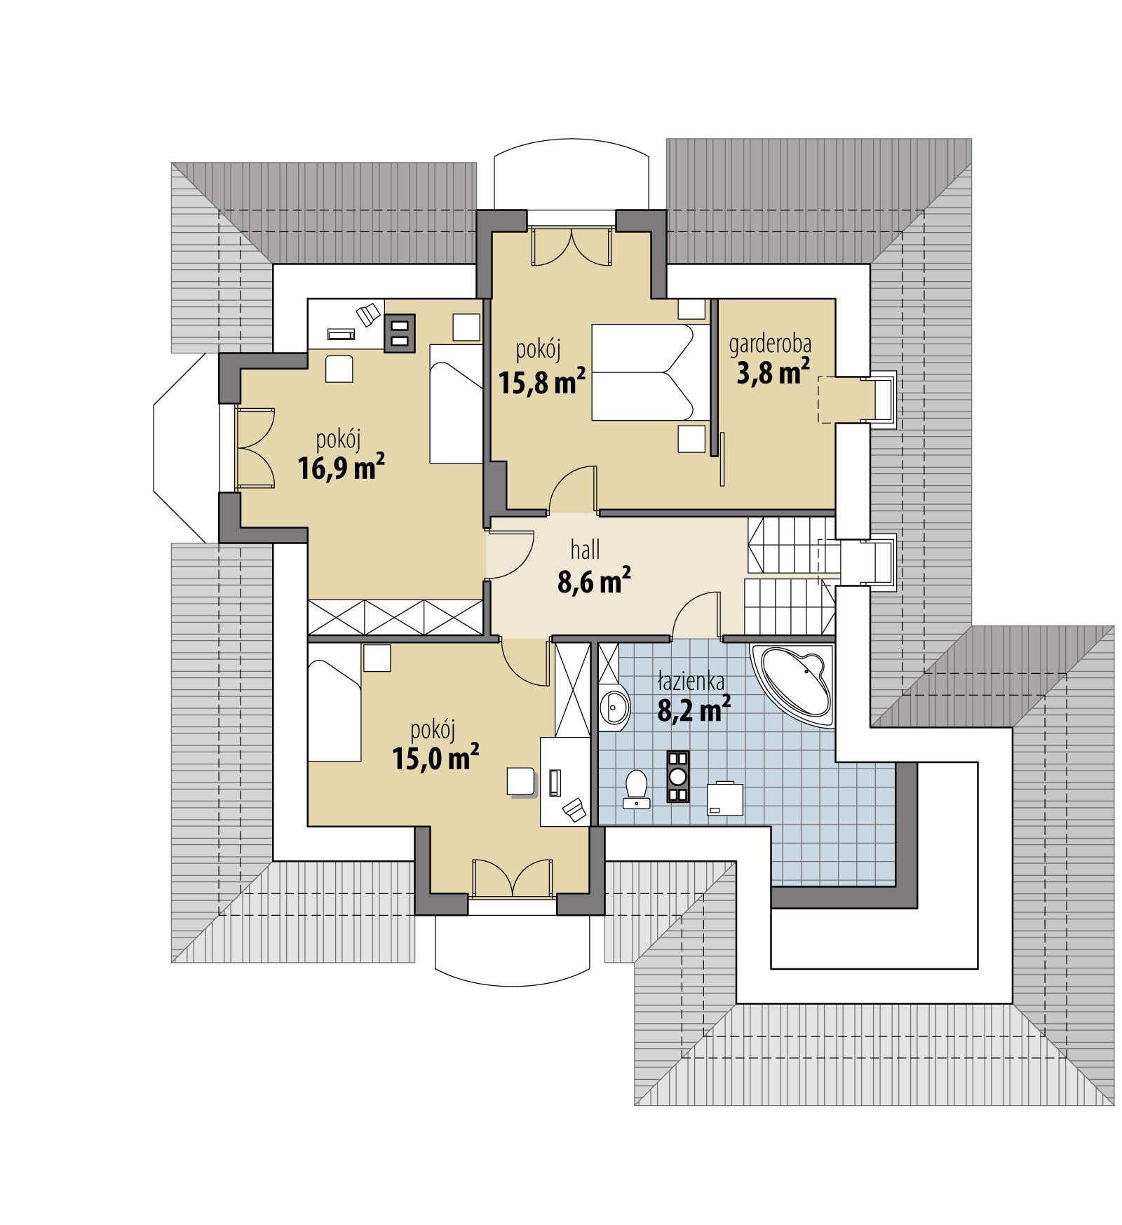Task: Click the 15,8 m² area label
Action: click(x=542, y=382)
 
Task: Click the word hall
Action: click(x=585, y=550)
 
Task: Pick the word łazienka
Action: click(x=691, y=681)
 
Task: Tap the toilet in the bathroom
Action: click(x=636, y=788)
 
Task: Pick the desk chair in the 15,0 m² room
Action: click(x=574, y=809)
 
